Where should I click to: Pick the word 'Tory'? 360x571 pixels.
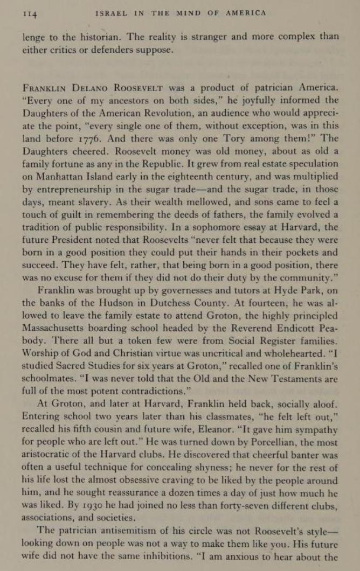237,138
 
